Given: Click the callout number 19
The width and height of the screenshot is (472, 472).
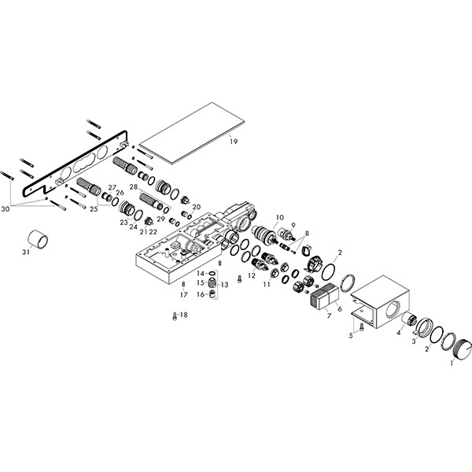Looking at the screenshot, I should [x=233, y=141].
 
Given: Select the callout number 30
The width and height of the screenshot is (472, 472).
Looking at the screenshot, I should [x=6, y=208].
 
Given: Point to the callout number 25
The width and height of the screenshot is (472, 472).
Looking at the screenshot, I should [x=94, y=209].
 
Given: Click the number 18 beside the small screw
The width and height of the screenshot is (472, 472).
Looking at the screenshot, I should [x=184, y=315].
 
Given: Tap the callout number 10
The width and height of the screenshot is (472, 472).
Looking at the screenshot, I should [x=279, y=216].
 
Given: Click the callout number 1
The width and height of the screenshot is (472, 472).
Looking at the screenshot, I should [x=451, y=363].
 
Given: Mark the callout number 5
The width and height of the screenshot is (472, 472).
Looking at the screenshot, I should [x=352, y=334].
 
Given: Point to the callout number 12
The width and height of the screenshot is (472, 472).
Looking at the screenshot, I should [x=251, y=276].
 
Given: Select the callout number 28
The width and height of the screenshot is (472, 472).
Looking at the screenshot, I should [x=135, y=187].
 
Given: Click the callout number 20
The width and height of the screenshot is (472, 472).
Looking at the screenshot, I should [x=196, y=207].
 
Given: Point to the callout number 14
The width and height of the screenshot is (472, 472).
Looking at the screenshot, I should [x=200, y=273].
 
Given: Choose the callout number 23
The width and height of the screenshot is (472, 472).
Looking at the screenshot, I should [x=124, y=223].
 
